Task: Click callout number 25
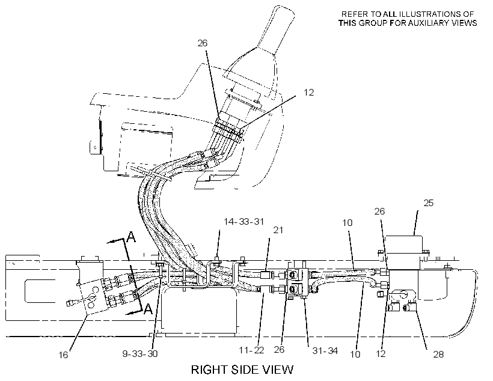point(428,203)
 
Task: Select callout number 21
point(278,230)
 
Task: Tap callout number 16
point(63,355)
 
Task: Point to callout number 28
point(438,355)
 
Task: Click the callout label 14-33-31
point(243,222)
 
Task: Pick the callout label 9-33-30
point(140,353)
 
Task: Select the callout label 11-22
point(251,350)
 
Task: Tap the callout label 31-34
point(325,350)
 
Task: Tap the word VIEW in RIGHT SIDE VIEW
point(278,370)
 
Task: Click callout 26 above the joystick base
point(203,43)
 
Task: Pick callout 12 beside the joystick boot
point(309,93)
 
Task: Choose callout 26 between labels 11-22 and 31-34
point(279,350)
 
